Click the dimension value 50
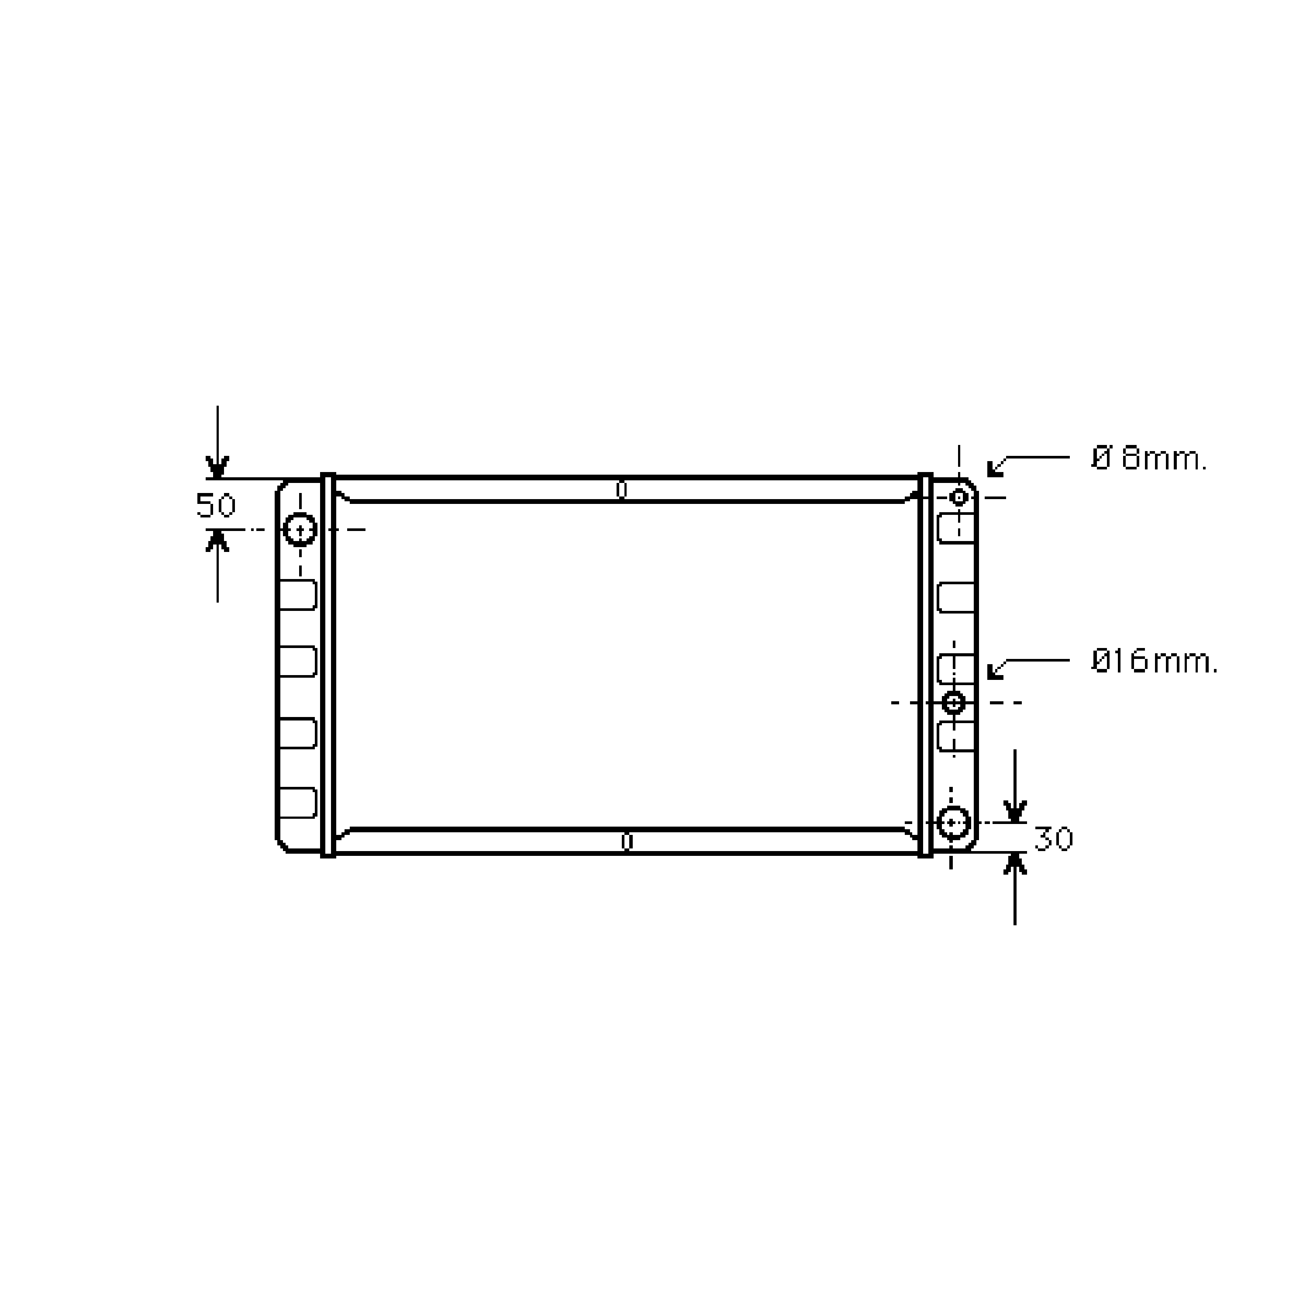coord(216,506)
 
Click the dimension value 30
coord(1053,839)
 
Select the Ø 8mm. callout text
coord(1149,459)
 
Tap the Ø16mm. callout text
coord(1155,661)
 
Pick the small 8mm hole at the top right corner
coord(958,497)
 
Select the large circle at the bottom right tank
coord(953,823)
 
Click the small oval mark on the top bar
coord(621,490)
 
